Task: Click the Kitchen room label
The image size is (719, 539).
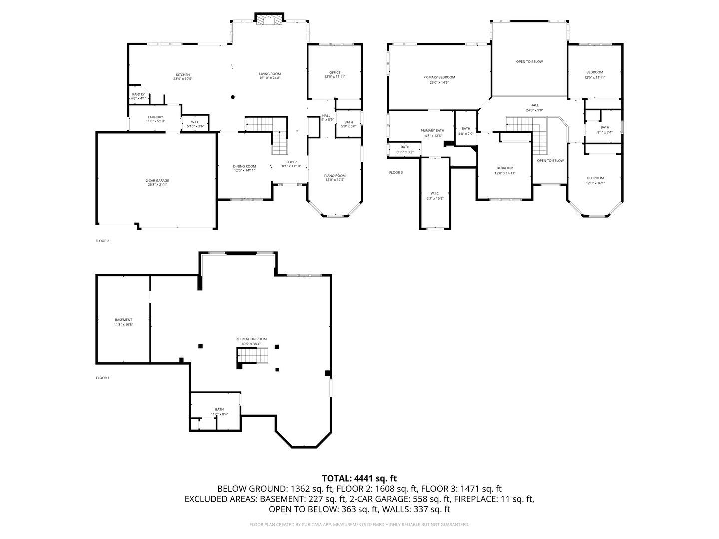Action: [x=182, y=76]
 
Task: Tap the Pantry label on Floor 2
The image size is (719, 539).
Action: [x=138, y=96]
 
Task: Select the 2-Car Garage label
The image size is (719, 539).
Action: [x=157, y=182]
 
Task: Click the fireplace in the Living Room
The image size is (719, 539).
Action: [x=269, y=19]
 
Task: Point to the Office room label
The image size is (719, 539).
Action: [x=334, y=74]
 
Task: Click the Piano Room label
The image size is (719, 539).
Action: [x=335, y=177]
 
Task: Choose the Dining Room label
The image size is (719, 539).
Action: [x=244, y=168]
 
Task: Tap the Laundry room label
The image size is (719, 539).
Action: [x=155, y=119]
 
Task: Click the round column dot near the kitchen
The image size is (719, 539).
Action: [x=233, y=97]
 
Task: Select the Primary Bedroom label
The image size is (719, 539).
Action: [x=439, y=80]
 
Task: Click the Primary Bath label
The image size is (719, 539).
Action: [x=432, y=133]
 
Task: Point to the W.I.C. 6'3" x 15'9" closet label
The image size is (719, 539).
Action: [x=435, y=196]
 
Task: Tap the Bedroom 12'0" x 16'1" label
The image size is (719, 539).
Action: [x=595, y=180]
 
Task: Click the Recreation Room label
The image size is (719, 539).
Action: [x=251, y=341]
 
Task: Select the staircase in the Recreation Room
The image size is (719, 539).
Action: [x=254, y=356]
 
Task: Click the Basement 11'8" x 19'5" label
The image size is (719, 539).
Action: [x=123, y=322]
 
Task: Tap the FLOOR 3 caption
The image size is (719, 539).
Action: [x=396, y=173]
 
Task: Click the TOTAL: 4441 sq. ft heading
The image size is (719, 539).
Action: [x=359, y=478]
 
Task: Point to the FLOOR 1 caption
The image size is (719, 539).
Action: [x=102, y=378]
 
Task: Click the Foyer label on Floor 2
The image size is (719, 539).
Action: [x=291, y=164]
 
